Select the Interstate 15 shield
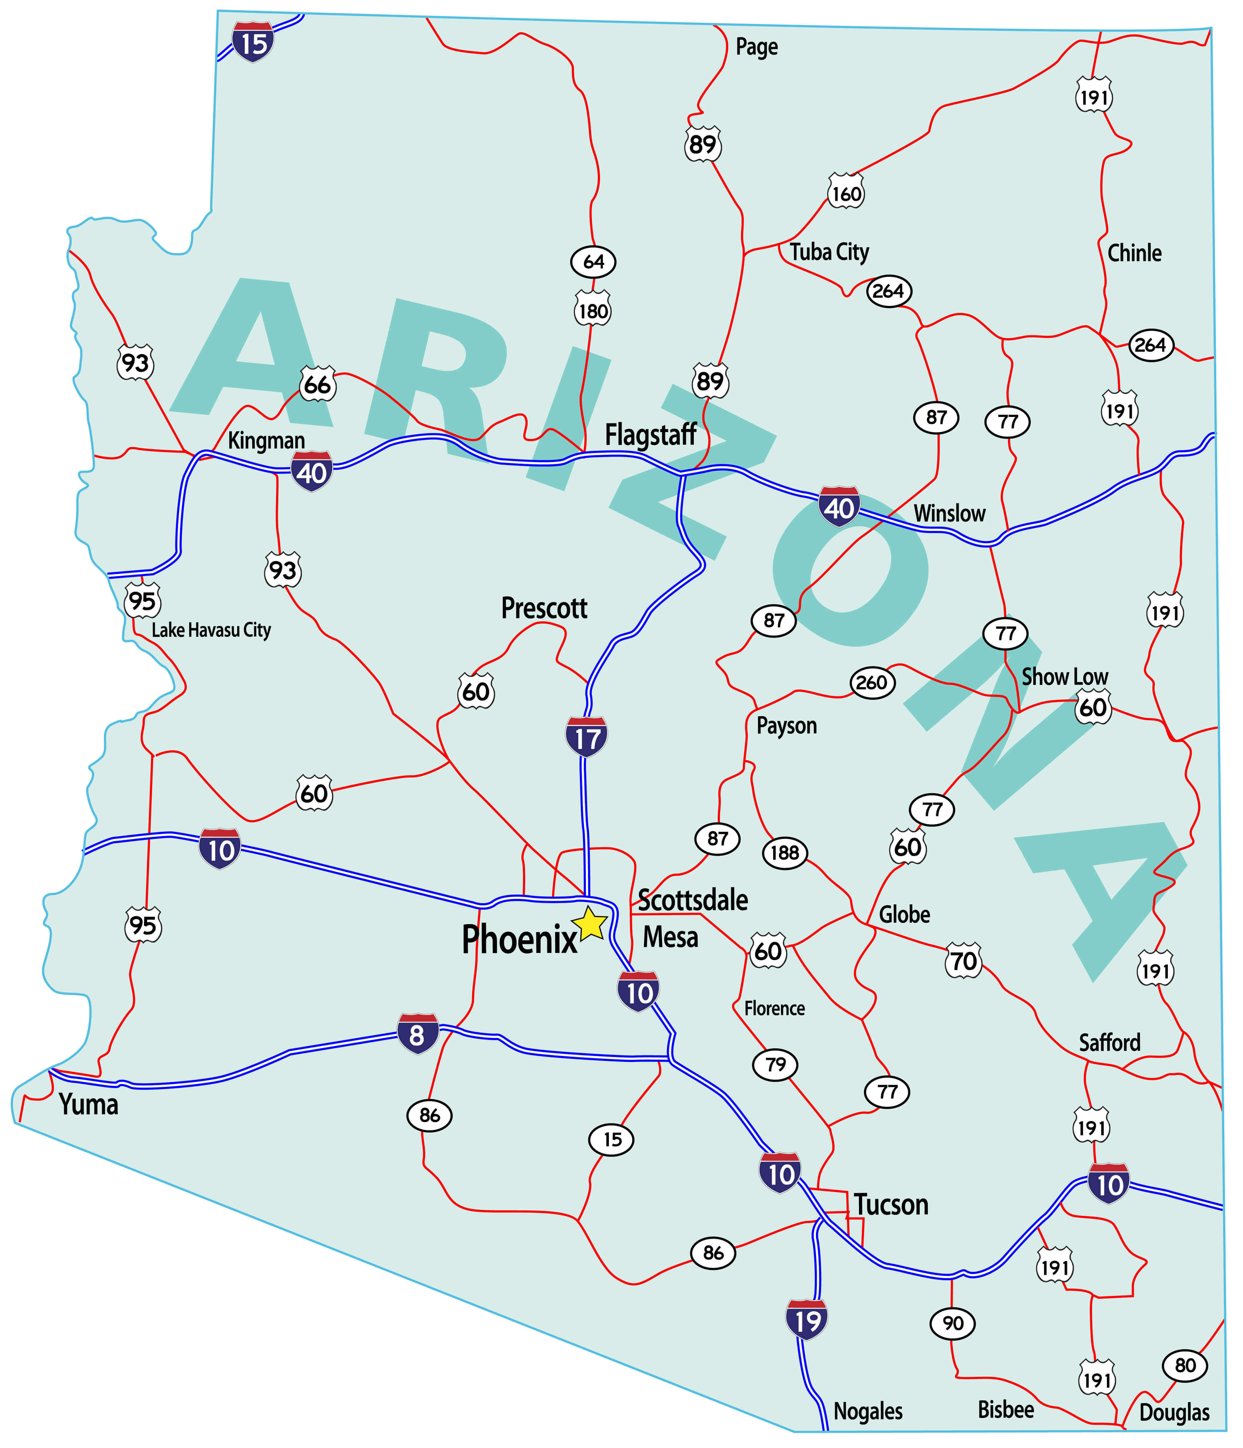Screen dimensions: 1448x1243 tap(253, 42)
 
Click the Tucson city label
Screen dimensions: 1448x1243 tap(891, 1205)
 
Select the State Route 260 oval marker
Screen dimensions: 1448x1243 tap(872, 682)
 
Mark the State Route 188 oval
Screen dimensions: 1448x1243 tap(785, 853)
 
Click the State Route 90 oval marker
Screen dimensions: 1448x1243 tap(952, 1323)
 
